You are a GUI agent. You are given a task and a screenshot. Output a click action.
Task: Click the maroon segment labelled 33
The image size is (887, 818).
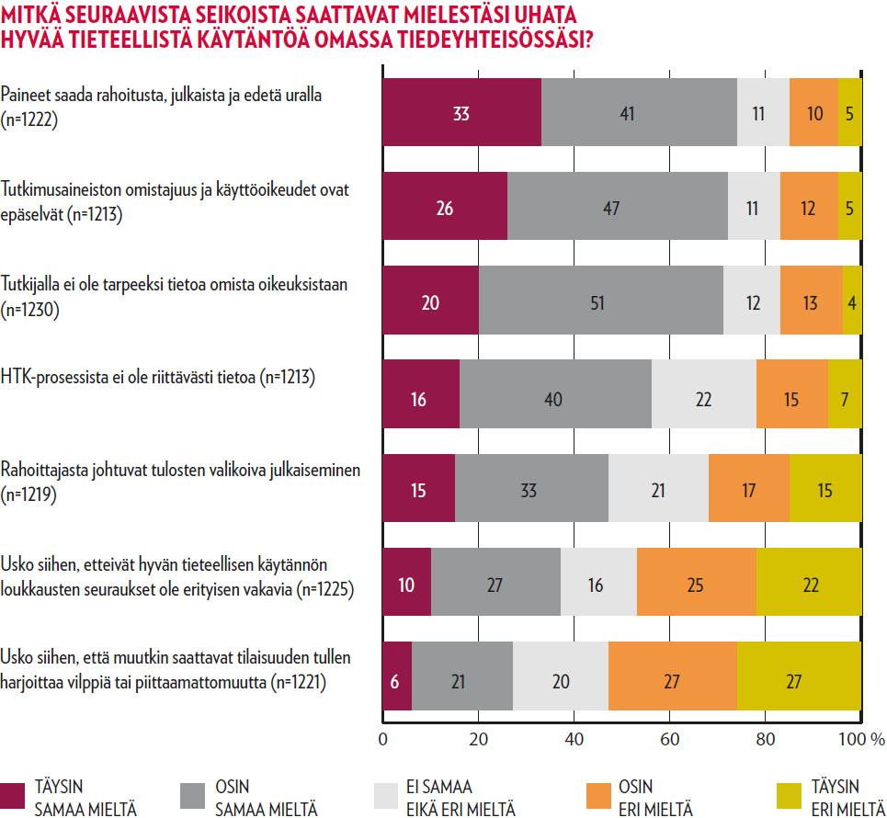(x=461, y=113)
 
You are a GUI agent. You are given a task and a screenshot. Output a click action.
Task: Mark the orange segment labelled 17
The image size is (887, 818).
(x=748, y=489)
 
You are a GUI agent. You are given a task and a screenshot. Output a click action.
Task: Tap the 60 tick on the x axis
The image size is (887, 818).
(x=670, y=738)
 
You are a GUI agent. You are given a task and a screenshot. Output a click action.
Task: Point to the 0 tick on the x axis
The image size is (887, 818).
(x=382, y=738)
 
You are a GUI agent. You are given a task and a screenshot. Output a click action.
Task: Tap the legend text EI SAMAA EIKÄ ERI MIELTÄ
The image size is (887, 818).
(x=460, y=797)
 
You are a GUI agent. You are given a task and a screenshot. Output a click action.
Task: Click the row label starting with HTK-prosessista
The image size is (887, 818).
(x=158, y=376)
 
